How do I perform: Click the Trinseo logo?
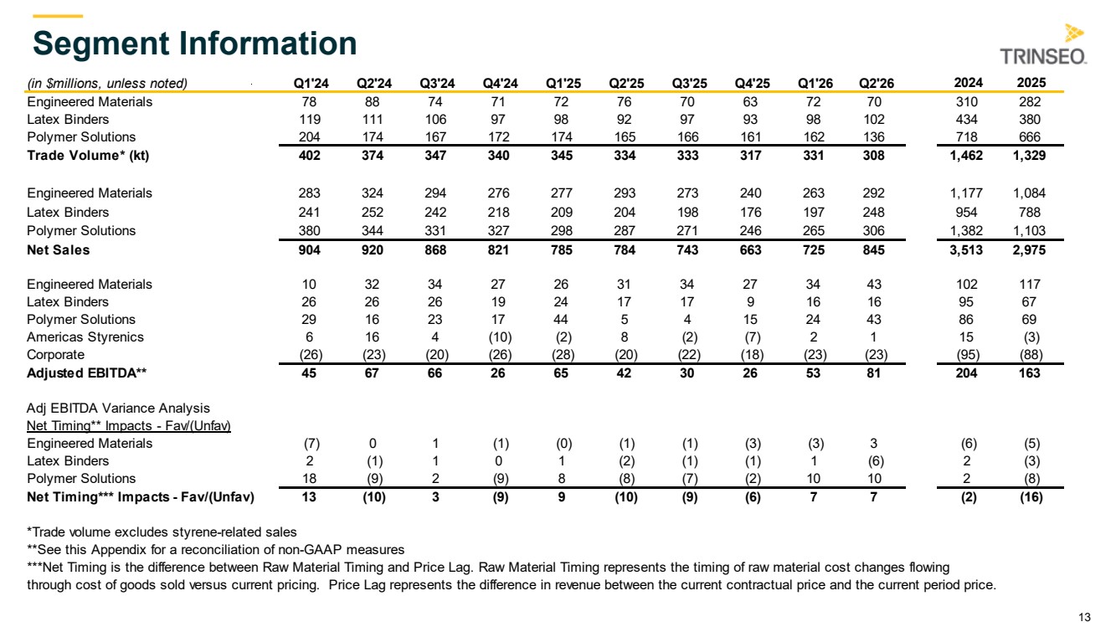(1043, 45)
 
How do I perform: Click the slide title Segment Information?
(195, 44)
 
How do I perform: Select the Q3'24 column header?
(437, 83)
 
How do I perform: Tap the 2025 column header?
(1031, 83)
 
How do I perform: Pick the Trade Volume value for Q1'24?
(309, 156)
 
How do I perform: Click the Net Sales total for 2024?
(966, 250)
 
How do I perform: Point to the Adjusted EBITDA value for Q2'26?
(873, 373)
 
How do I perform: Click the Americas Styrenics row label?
(85, 337)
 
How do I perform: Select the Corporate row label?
(55, 355)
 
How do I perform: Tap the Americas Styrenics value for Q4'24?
(500, 337)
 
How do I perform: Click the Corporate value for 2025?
(1031, 355)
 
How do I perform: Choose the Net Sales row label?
(59, 250)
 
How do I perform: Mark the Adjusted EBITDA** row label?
(87, 373)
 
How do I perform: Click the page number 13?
(1085, 617)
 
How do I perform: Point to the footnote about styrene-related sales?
(162, 532)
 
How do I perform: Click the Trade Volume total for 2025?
(1029, 156)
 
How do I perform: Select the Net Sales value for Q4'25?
(750, 250)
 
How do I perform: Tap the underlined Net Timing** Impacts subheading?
(129, 426)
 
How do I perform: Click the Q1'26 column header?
(815, 83)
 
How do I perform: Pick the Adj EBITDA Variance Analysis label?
(118, 409)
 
